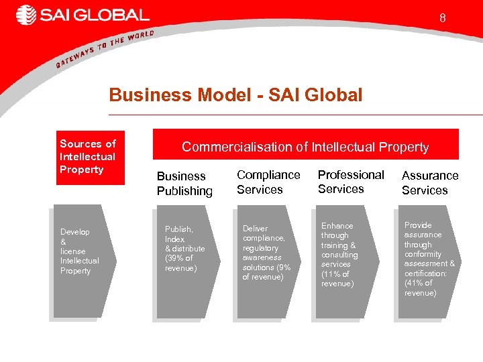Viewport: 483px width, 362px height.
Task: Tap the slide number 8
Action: point(442,18)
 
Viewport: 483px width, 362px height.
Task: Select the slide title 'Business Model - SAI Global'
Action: point(235,95)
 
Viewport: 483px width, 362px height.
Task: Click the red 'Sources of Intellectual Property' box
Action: point(87,156)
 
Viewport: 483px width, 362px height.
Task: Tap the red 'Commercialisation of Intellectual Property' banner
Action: point(305,146)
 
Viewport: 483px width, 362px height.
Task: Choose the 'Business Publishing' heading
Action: point(184,184)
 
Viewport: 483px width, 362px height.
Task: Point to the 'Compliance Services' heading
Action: point(268,182)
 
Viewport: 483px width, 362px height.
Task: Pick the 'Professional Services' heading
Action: point(351,182)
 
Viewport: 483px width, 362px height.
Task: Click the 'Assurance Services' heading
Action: point(430,183)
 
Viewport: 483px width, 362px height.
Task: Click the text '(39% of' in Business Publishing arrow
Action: point(179,258)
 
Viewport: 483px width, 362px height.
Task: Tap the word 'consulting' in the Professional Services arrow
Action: point(339,255)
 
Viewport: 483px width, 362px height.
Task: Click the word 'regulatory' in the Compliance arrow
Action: point(260,248)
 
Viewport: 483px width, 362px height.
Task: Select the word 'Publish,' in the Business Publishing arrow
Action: point(179,229)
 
